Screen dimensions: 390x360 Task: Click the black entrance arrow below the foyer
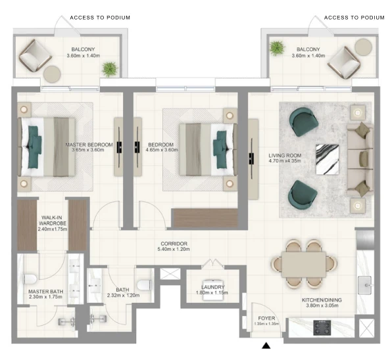click(x=266, y=346)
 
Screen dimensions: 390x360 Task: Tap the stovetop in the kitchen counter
click(x=322, y=328)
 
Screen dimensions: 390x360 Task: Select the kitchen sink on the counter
click(x=364, y=285)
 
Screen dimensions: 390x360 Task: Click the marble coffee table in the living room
click(x=327, y=160)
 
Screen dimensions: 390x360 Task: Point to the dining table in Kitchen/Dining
click(x=304, y=264)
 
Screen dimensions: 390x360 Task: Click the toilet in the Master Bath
click(x=30, y=279)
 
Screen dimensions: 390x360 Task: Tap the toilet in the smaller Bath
click(x=144, y=284)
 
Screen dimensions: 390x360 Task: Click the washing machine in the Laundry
click(x=213, y=290)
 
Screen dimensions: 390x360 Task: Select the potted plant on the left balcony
click(x=109, y=69)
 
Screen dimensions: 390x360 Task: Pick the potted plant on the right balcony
click(x=277, y=48)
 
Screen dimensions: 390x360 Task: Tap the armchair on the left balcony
click(x=36, y=56)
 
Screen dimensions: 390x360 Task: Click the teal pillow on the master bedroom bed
click(x=34, y=146)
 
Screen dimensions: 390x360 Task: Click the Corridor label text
click(x=174, y=244)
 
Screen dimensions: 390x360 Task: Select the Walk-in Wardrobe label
click(x=53, y=223)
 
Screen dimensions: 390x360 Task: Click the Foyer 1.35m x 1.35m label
click(x=266, y=321)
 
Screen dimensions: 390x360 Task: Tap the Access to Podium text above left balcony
click(x=100, y=18)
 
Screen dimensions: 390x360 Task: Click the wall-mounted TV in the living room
click(x=251, y=159)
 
